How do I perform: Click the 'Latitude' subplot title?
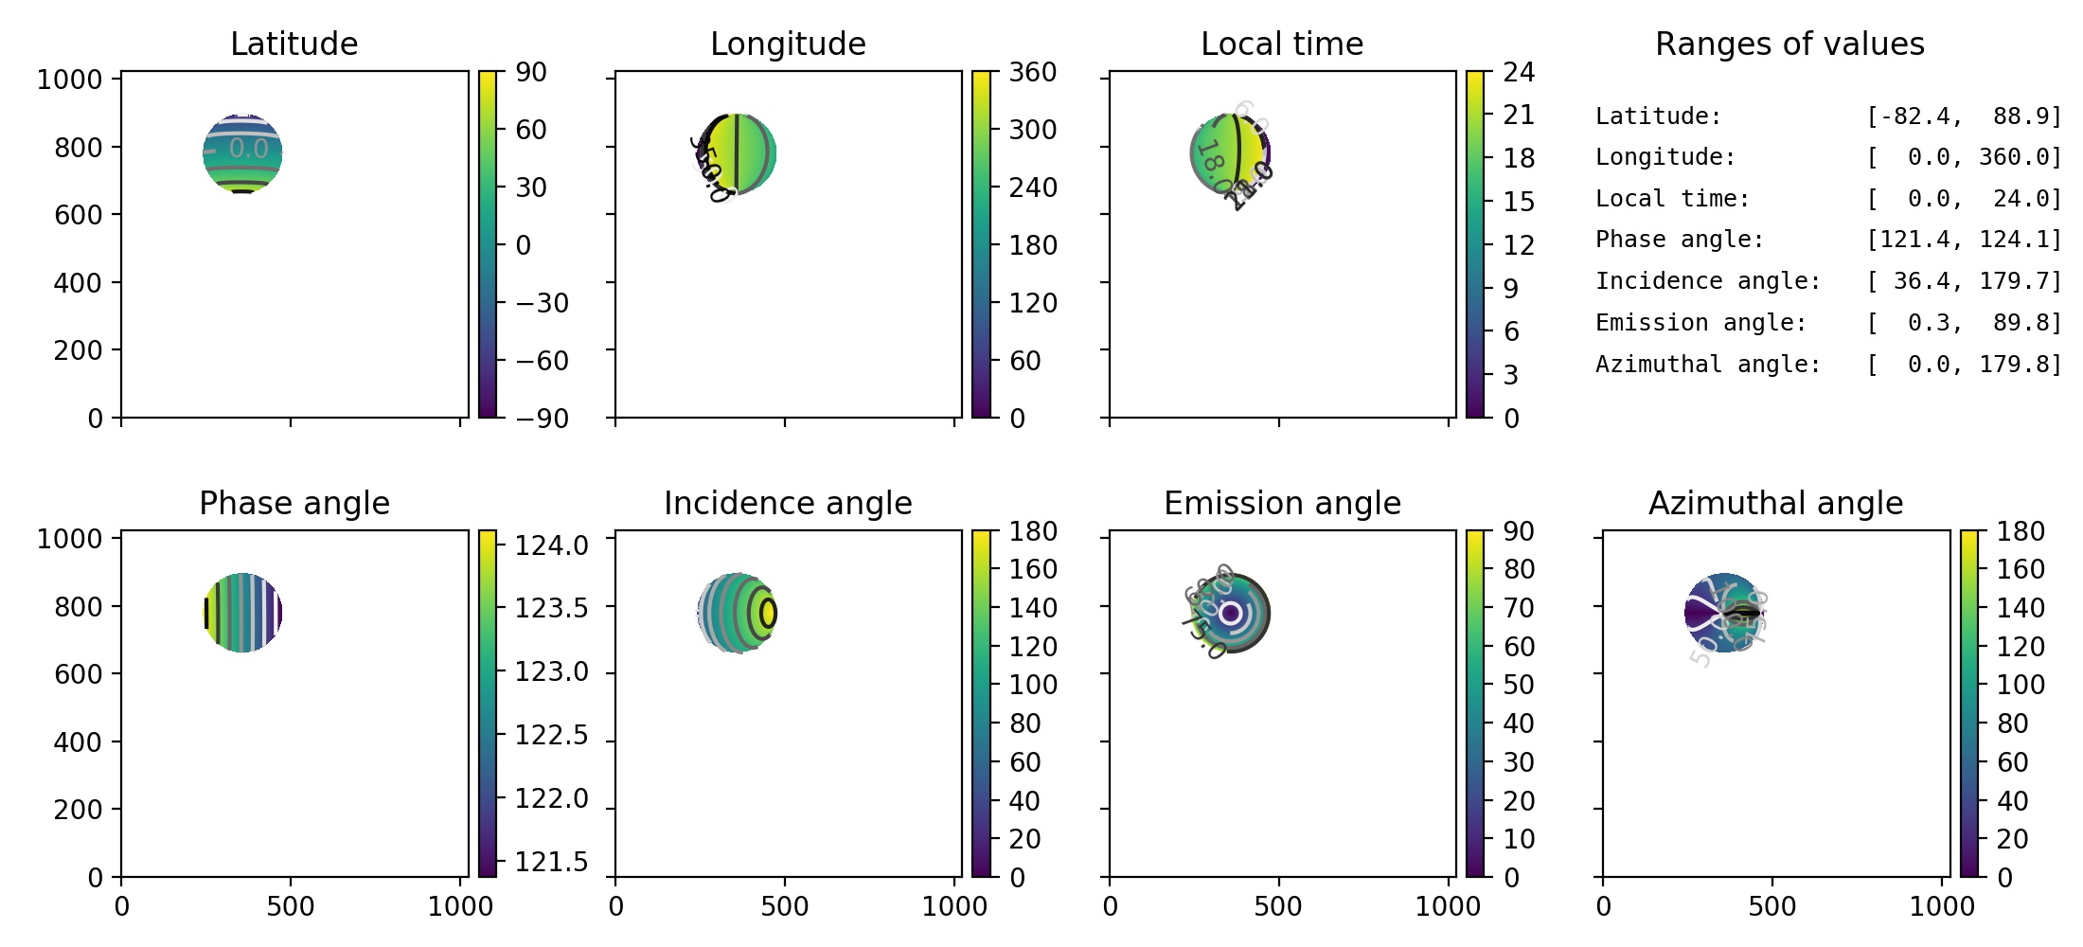click(294, 44)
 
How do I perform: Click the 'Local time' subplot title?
click(1282, 44)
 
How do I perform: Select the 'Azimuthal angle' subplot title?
click(1775, 503)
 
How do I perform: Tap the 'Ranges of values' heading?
click(1789, 44)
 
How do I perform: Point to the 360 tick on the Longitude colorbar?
click(1032, 72)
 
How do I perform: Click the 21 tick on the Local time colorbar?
click(1519, 115)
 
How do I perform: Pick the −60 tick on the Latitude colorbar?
click(542, 361)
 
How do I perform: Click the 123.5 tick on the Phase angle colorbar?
click(551, 607)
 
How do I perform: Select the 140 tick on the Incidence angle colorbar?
click(1032, 607)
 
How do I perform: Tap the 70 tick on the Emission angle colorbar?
click(1519, 607)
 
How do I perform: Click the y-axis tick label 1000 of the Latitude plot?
click(69, 80)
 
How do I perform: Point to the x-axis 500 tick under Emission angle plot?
click(1278, 906)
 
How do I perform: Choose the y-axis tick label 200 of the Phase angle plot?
click(77, 810)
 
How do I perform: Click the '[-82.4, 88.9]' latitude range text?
click(1964, 116)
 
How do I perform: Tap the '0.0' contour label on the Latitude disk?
click(248, 149)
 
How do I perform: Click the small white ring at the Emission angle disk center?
click(1230, 614)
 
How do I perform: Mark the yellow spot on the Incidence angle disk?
click(768, 613)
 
